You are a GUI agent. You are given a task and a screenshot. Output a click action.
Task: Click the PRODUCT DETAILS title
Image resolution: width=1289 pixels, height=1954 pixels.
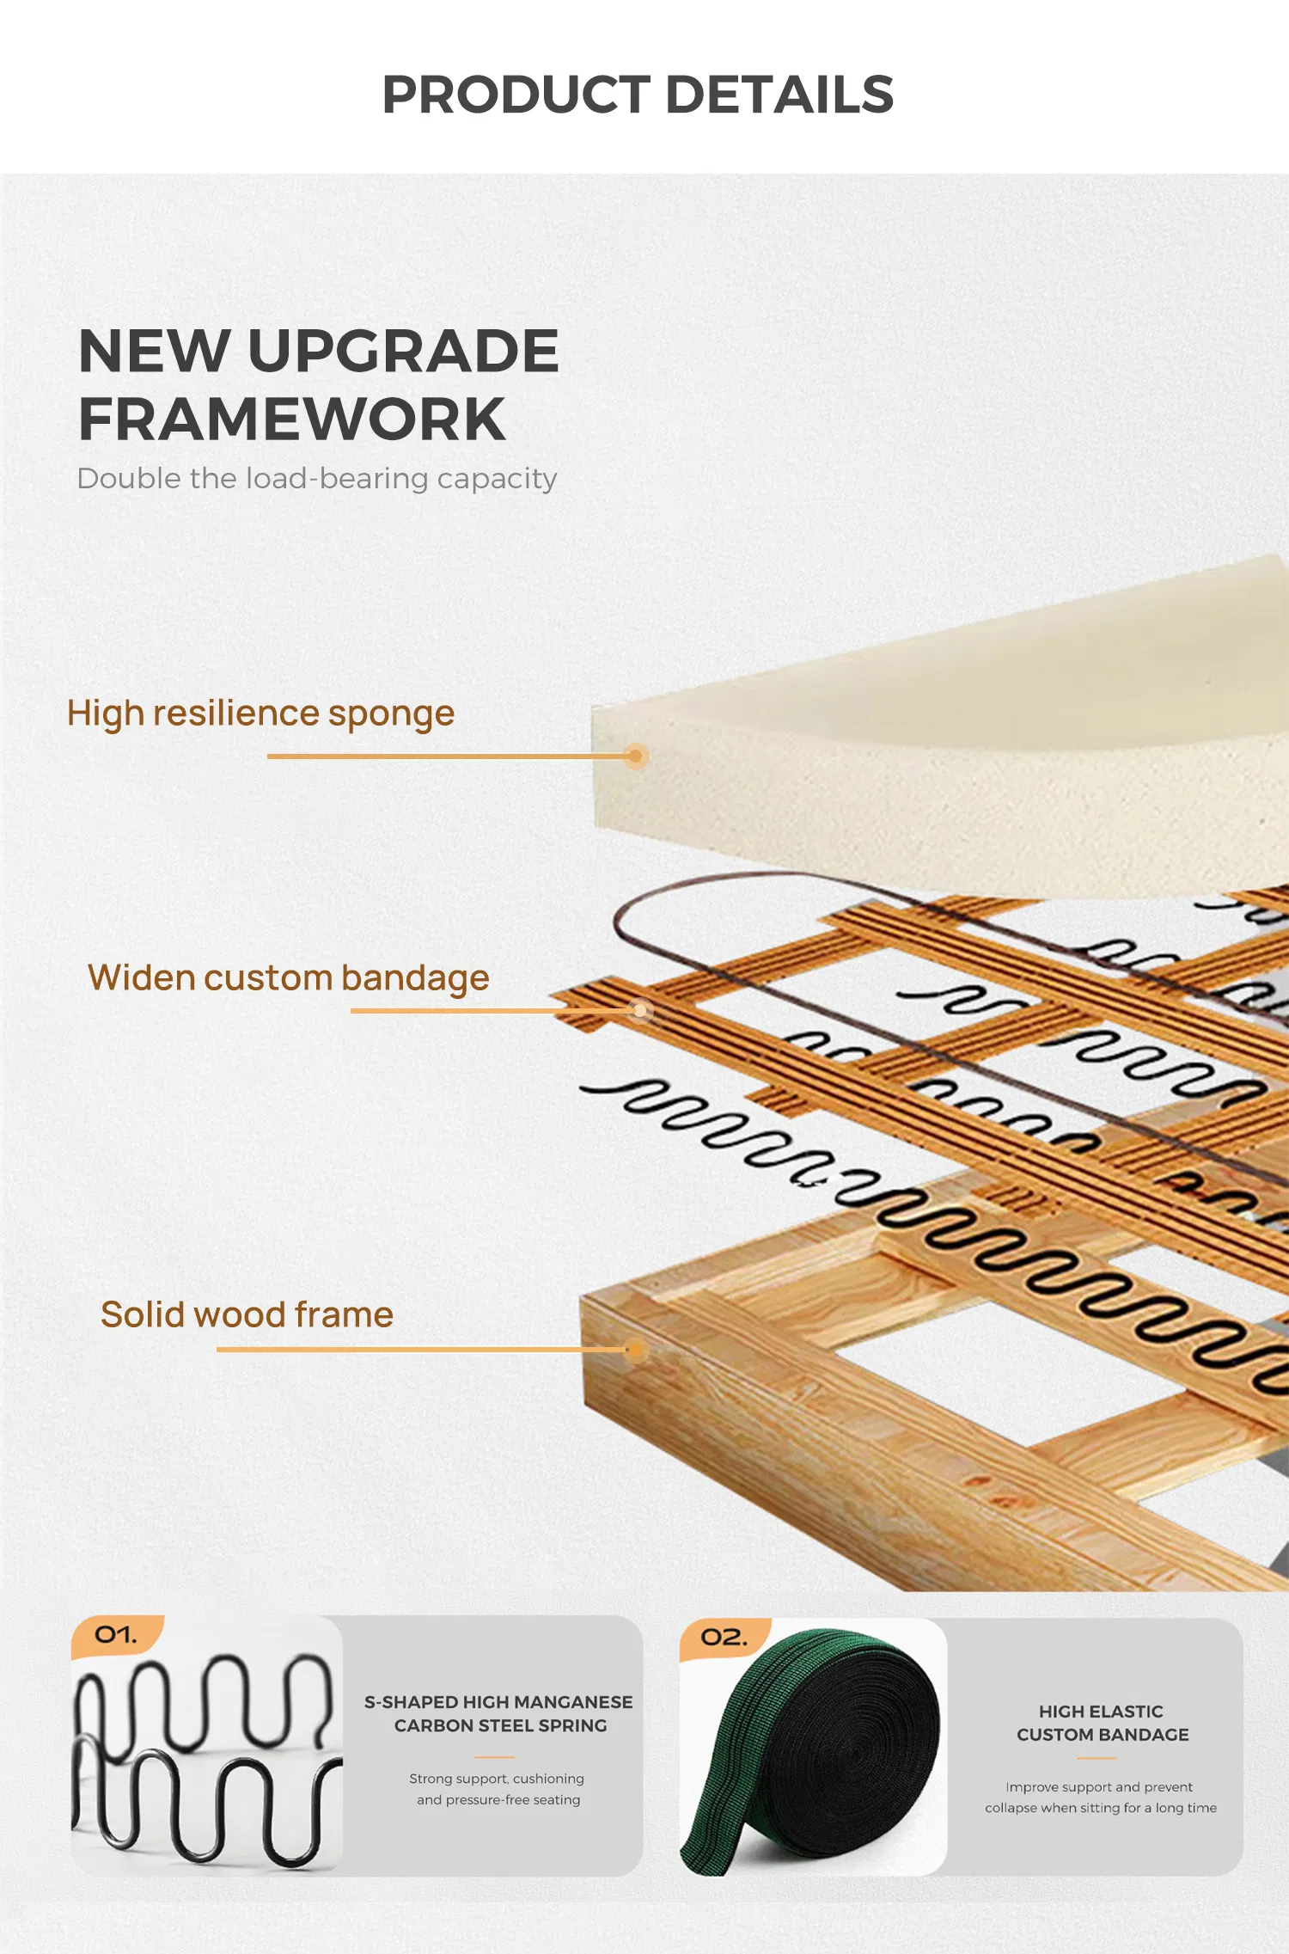click(x=638, y=94)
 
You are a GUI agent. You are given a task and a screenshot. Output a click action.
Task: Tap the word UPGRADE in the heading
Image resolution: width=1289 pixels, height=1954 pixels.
click(x=403, y=352)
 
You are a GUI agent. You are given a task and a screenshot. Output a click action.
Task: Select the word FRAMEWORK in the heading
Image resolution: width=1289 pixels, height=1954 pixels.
click(x=292, y=420)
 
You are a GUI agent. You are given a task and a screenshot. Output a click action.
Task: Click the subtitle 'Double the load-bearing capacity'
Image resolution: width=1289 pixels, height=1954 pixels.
click(x=317, y=479)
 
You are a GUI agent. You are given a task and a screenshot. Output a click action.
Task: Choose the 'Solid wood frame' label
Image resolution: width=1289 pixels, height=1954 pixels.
click(x=247, y=1314)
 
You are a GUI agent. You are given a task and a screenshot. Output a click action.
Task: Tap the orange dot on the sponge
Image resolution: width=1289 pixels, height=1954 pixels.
click(x=635, y=756)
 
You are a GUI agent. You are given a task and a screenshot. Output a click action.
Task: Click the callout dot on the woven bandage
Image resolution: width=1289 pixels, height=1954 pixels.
click(x=640, y=1011)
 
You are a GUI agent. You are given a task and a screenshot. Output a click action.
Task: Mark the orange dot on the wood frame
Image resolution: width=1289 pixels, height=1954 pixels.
click(x=635, y=1351)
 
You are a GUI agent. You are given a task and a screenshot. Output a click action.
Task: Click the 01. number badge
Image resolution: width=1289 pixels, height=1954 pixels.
click(x=117, y=1635)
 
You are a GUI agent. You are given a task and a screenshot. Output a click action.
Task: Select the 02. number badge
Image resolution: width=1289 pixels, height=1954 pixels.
click(x=724, y=1638)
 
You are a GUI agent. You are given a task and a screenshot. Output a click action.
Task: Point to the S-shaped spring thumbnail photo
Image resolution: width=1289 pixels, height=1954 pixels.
click(x=207, y=1745)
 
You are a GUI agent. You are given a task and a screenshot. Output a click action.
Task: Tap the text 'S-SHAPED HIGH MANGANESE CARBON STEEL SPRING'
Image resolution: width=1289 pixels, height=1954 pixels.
click(x=499, y=1713)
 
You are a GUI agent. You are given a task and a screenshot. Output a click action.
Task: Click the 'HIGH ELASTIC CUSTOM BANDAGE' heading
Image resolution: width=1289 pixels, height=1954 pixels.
click(x=1103, y=1723)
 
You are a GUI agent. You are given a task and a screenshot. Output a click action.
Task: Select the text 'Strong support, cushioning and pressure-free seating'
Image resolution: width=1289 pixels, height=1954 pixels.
click(x=498, y=1789)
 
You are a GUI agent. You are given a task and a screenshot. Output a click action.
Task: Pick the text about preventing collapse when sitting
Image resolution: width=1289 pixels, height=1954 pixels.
click(x=1101, y=1798)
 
